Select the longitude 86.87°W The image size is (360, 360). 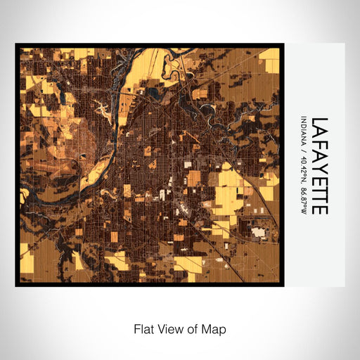tap(304, 198)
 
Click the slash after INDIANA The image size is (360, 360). tap(304, 148)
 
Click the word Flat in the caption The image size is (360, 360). tap(143, 328)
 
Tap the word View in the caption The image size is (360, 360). tap(168, 328)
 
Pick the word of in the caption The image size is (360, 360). tap(190, 328)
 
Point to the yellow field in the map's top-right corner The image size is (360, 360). tap(269, 54)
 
